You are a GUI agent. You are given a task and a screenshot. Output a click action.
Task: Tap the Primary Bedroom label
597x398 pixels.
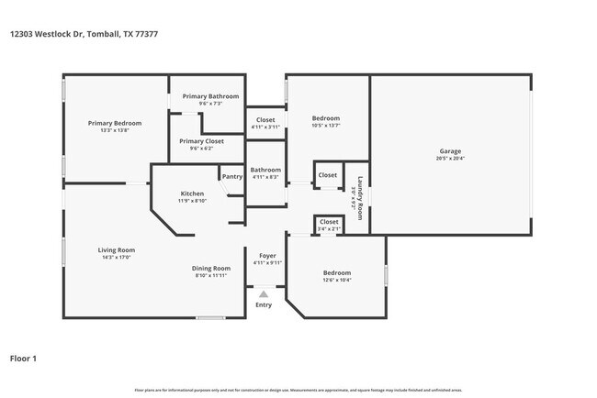pyautogui.click(x=115, y=123)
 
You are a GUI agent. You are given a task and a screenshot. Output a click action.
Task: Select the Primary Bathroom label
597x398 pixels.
pyautogui.click(x=210, y=96)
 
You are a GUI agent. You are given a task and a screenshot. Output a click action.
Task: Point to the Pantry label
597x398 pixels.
pyautogui.click(x=231, y=176)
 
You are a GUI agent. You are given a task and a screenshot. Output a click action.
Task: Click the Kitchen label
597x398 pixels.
pyautogui.click(x=192, y=193)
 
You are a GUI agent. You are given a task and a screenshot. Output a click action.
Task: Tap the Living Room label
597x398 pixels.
pyautogui.click(x=117, y=249)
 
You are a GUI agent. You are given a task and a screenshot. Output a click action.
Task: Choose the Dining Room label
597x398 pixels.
pyautogui.click(x=210, y=268)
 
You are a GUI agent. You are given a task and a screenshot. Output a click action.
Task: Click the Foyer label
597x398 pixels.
pyautogui.click(x=266, y=255)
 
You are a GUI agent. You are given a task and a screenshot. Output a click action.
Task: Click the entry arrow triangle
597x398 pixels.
pyautogui.click(x=264, y=294)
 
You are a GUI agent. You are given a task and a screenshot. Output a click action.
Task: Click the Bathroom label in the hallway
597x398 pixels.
pyautogui.click(x=265, y=170)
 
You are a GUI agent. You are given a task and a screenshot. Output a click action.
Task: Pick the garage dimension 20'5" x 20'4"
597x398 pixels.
pyautogui.click(x=449, y=159)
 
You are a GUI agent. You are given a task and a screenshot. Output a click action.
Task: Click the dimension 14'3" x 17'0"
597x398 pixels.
pyautogui.click(x=117, y=258)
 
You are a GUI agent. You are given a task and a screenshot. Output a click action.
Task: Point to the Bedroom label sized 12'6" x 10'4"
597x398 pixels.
pyautogui.click(x=336, y=273)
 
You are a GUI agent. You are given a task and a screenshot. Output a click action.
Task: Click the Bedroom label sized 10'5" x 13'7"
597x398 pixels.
pyautogui.click(x=325, y=118)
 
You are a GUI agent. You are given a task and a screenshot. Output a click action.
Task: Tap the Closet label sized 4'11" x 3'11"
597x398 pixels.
pyautogui.click(x=265, y=119)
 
